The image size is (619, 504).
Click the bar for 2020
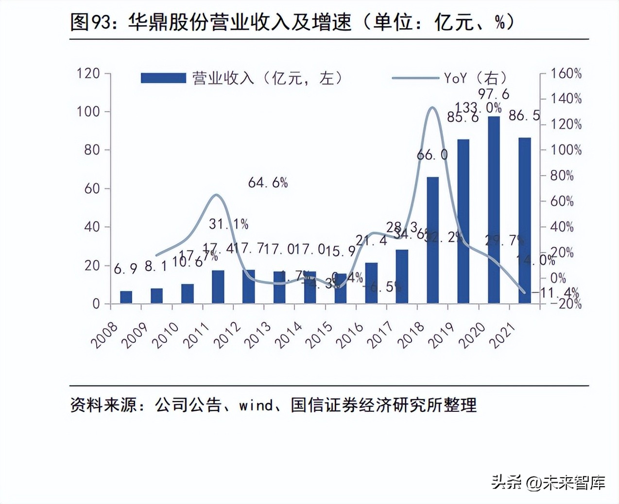click(494, 210)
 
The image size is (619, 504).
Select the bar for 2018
click(432, 240)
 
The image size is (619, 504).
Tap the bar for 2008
click(126, 297)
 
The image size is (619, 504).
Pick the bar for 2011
click(218, 286)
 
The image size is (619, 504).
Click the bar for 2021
click(525, 220)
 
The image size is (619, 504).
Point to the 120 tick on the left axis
click(88, 73)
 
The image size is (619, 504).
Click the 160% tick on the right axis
click(566, 73)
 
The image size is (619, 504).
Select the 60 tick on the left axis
click(92, 188)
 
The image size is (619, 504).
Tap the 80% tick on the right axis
click(562, 175)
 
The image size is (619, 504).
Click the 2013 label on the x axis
click(258, 335)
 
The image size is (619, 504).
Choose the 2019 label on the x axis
click(442, 335)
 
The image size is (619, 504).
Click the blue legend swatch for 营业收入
click(163, 78)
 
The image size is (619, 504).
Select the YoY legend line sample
click(415, 78)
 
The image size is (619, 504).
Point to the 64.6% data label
click(268, 183)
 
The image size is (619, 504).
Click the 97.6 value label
click(494, 94)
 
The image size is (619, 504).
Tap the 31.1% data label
click(228, 224)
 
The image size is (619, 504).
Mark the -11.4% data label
click(559, 293)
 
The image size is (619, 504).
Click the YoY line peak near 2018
click(432, 107)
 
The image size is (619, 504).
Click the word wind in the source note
click(256, 404)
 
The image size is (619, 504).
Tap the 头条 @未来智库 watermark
click(548, 482)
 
